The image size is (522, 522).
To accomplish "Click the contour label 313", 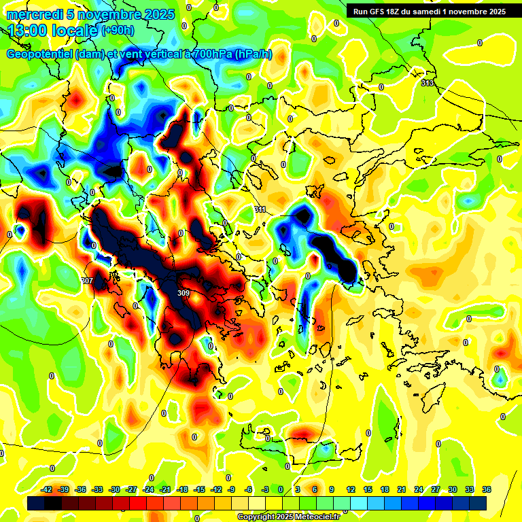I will pyautogui.click(x=427, y=83).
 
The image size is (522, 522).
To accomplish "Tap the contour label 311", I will pyautogui.click(x=260, y=209).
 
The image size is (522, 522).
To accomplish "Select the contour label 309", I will pyautogui.click(x=183, y=293).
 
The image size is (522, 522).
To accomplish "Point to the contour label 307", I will pyautogui.click(x=87, y=281).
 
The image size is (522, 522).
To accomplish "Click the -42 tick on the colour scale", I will pyautogui.click(x=47, y=489).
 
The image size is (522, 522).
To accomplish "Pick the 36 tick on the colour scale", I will pyautogui.click(x=486, y=489).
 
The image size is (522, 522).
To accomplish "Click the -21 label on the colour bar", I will pyautogui.click(x=165, y=489).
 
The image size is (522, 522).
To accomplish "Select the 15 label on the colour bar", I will pyautogui.click(x=368, y=489).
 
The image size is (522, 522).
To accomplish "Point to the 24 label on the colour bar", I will pyautogui.click(x=418, y=489).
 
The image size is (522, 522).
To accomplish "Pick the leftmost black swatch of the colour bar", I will pyautogui.click(x=36, y=503).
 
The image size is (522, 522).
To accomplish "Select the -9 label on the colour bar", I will pyautogui.click(x=231, y=489).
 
